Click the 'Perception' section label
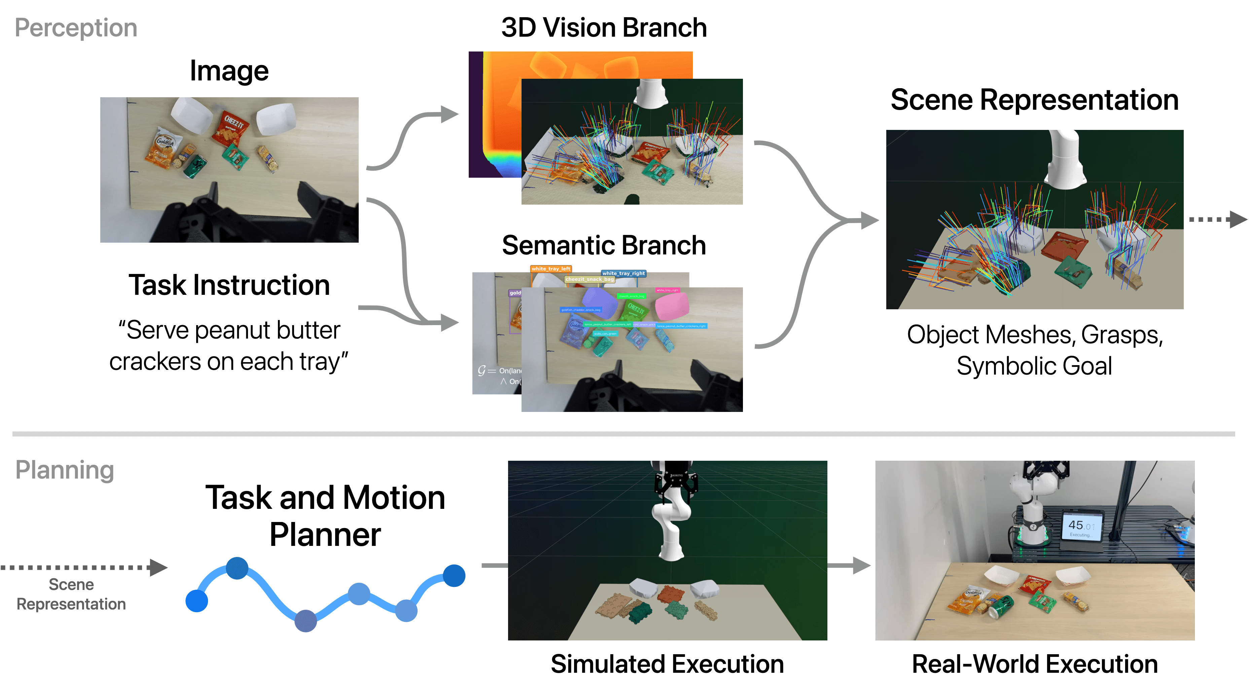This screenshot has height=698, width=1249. tap(76, 28)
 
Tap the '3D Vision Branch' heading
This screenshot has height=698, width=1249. tap(604, 28)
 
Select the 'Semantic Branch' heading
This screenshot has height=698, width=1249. tap(604, 245)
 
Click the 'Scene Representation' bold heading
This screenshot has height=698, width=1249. tap(1034, 100)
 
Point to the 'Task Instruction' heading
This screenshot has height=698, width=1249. tap(229, 285)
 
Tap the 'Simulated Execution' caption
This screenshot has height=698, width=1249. tap(667, 664)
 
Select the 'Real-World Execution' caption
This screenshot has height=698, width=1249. tap(1035, 664)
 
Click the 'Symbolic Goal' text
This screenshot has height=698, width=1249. tap(1034, 366)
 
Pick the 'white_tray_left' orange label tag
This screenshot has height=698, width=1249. tap(551, 269)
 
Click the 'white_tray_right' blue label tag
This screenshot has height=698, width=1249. tap(623, 274)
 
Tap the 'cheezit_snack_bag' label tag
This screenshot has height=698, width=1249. tap(590, 279)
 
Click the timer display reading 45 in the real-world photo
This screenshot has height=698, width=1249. tap(1081, 526)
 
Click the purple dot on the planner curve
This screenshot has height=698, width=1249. tap(306, 620)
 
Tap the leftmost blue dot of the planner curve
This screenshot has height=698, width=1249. tap(197, 601)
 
